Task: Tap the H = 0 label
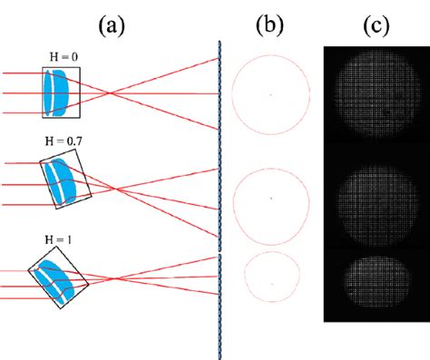point(63,58)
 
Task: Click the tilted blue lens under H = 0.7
point(61,182)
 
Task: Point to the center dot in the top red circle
point(270,94)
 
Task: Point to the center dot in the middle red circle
point(270,198)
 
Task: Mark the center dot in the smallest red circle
point(270,282)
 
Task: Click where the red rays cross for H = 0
point(110,93)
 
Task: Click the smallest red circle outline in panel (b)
point(245,282)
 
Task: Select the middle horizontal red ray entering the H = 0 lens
point(23,93)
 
